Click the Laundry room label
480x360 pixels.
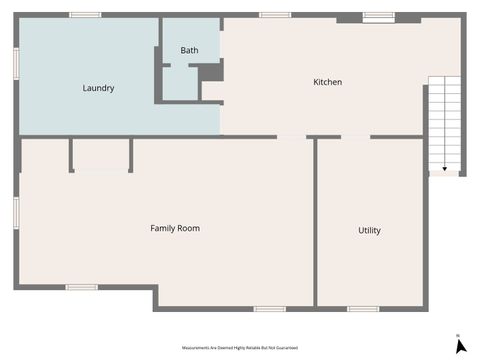click(x=98, y=88)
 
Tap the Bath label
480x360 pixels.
click(x=189, y=50)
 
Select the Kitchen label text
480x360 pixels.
click(x=328, y=82)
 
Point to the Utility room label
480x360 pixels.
click(x=369, y=231)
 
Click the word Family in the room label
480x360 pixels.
click(x=162, y=228)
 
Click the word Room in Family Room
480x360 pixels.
click(x=188, y=228)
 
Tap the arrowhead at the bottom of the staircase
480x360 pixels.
click(x=444, y=170)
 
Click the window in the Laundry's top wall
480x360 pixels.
click(x=85, y=15)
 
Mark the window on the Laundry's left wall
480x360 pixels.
click(x=16, y=62)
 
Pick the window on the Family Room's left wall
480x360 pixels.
click(x=16, y=212)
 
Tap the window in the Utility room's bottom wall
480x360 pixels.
click(x=362, y=308)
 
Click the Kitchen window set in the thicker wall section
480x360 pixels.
click(x=378, y=16)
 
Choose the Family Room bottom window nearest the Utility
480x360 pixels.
click(x=269, y=308)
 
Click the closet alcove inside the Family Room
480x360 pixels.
click(x=101, y=154)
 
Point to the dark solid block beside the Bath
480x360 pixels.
click(x=210, y=72)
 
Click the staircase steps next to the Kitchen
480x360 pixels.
click(x=444, y=120)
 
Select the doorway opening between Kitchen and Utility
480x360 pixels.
click(x=355, y=137)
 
